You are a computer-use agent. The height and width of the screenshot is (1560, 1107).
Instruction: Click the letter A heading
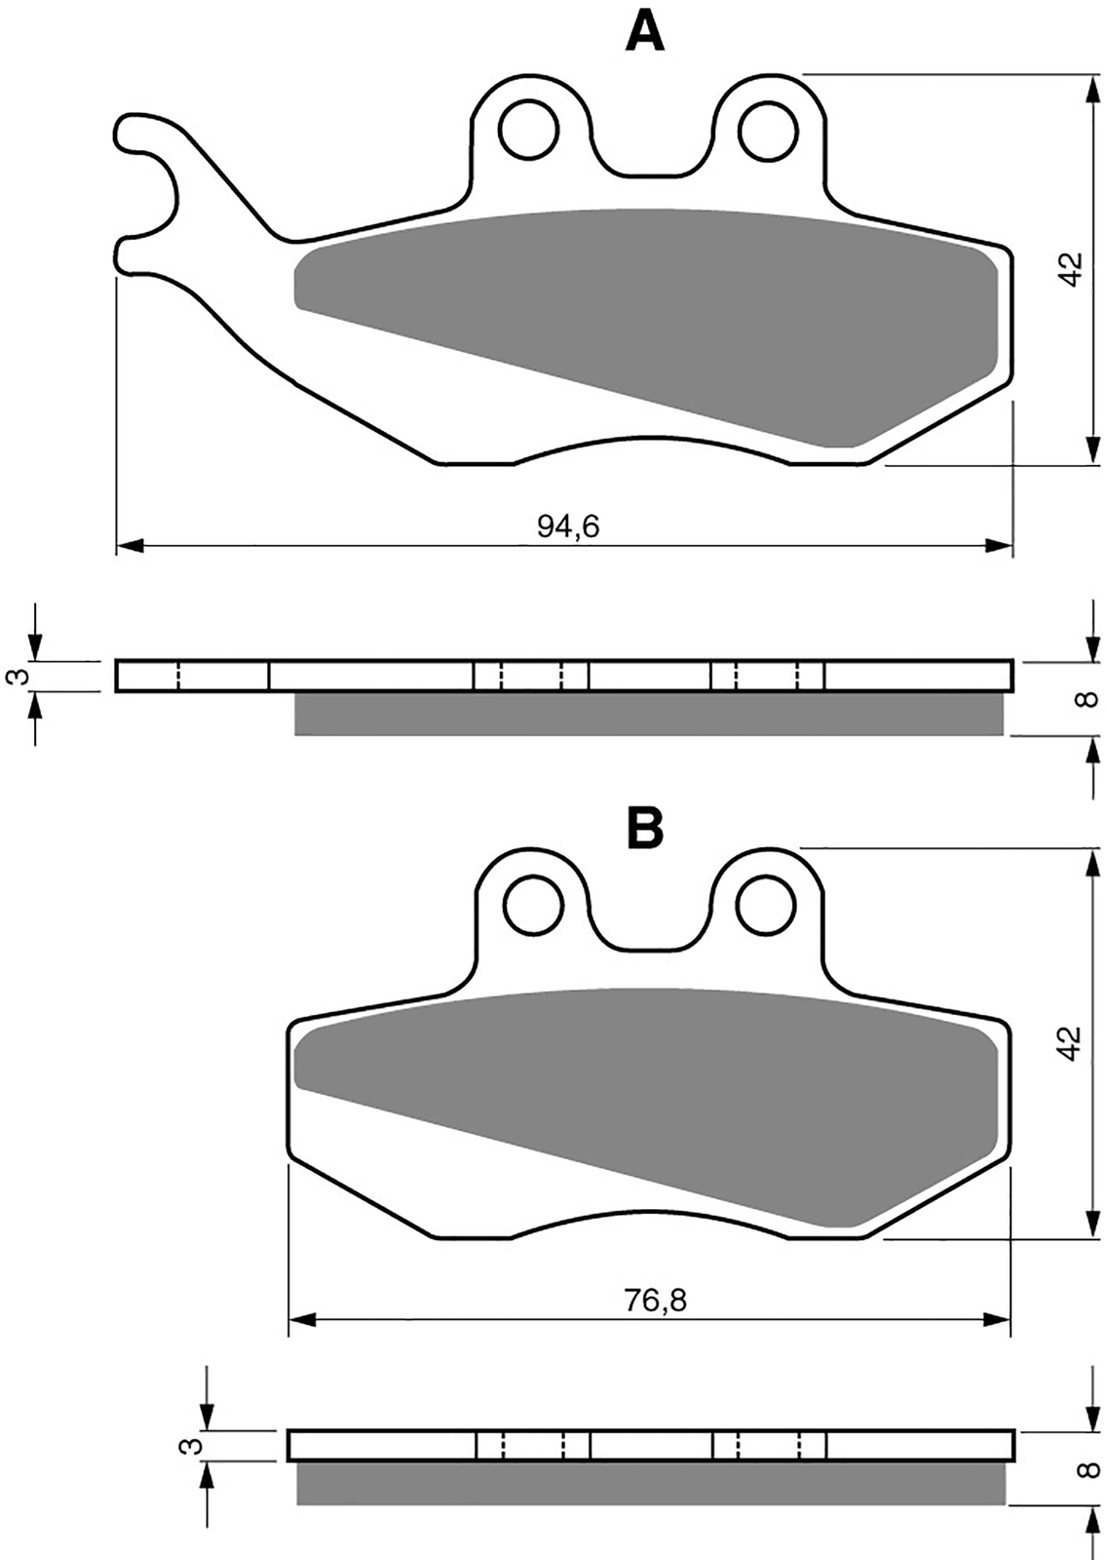(x=645, y=32)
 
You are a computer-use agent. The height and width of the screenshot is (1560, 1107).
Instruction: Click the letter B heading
(x=645, y=828)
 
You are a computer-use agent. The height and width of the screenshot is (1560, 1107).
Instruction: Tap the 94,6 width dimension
(x=568, y=527)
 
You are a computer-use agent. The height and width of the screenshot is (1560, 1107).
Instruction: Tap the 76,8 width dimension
(x=655, y=1300)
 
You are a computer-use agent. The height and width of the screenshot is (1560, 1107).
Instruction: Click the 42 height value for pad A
(x=1072, y=268)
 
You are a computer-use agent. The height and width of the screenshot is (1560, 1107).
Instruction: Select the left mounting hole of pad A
(x=529, y=129)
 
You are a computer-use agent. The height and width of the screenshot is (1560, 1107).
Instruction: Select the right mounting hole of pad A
(x=768, y=129)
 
